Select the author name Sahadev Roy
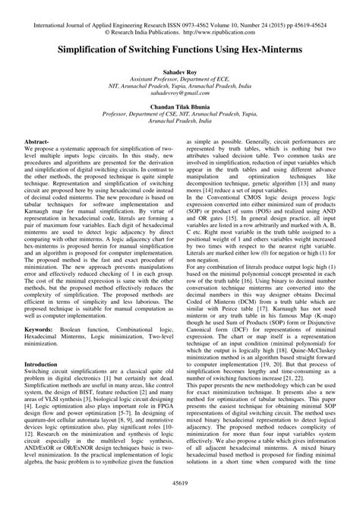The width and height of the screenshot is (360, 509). [x=179, y=70]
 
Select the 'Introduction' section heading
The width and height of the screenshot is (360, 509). [x=67, y=343]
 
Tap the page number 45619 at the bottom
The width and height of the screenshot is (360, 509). [x=179, y=482]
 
